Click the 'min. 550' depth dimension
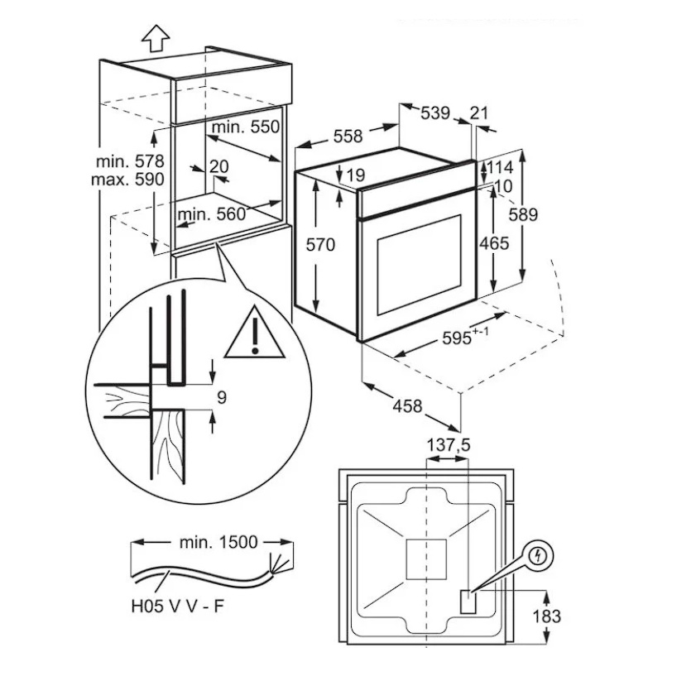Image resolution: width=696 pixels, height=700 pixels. pos(246,127)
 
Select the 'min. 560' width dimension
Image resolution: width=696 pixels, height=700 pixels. pos(212,214)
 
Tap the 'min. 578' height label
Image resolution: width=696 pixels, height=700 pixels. pos(131,161)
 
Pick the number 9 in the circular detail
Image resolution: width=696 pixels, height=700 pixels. pos(220,398)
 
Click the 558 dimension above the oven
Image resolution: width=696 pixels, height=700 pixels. pos(348,137)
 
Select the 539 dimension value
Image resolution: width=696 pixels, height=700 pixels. pos(435,113)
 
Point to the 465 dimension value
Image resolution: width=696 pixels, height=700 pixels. pos(493,243)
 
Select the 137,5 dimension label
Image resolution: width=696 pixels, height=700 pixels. pos(447,445)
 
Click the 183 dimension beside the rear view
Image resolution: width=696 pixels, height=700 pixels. pos(546,616)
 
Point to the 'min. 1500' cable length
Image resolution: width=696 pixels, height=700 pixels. pos(218,543)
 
